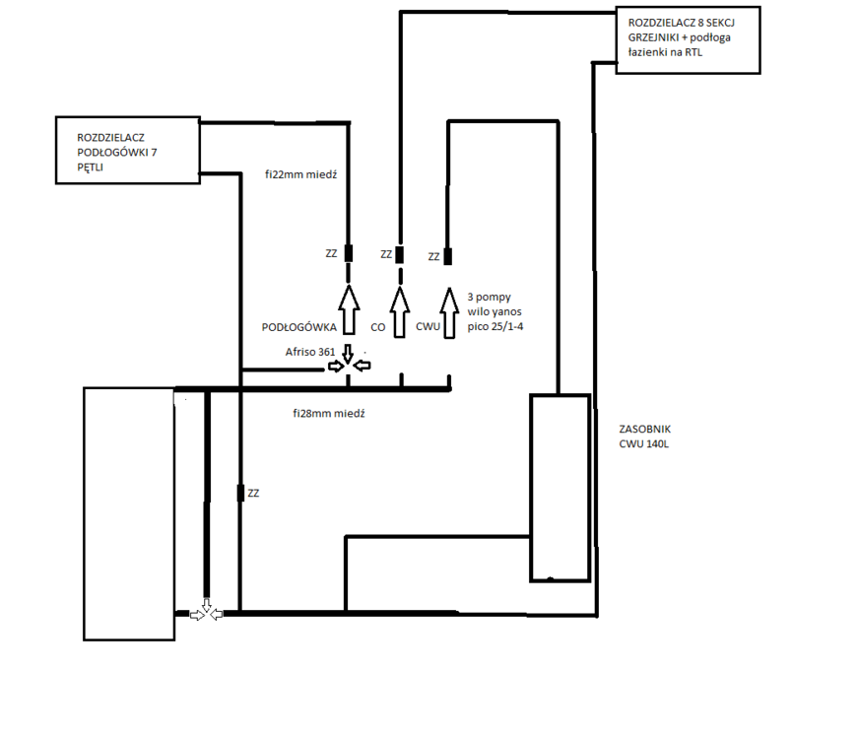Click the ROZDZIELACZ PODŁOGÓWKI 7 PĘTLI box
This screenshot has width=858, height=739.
point(128,150)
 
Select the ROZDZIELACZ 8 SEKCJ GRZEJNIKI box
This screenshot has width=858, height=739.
point(688,40)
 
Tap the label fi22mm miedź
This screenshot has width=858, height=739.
point(301,174)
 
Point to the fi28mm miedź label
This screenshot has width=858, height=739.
point(329,413)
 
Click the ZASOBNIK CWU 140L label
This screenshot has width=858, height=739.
point(644,437)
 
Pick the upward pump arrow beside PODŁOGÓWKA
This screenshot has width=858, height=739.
point(349,309)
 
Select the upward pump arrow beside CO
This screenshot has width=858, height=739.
point(400,311)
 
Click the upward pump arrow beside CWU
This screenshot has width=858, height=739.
point(450,313)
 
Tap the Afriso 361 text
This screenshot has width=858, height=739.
point(309,352)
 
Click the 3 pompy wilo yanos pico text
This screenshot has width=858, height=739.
point(495,311)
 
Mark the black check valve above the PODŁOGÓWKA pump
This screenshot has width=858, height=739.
point(348,253)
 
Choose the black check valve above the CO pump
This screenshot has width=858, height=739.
point(400,254)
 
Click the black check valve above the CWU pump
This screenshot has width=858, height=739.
point(447,256)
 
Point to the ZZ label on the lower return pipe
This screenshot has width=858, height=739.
point(253,494)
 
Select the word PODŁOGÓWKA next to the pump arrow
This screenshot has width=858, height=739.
point(298,327)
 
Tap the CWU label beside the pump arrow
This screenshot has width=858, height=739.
point(428,327)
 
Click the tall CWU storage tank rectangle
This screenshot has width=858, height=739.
point(561,488)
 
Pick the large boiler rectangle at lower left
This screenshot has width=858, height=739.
point(129,514)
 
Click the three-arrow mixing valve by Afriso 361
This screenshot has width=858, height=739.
point(349,361)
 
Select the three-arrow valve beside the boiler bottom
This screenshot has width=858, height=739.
point(206,611)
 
